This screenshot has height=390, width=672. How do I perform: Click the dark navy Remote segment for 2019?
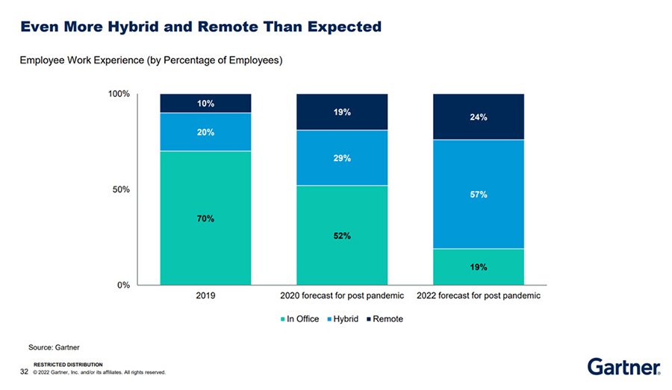click(x=205, y=103)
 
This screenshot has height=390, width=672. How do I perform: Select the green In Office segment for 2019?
click(x=205, y=218)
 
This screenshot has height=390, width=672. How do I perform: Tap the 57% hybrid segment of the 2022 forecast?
click(x=479, y=194)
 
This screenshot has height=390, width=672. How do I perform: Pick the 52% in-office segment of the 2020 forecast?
click(x=342, y=235)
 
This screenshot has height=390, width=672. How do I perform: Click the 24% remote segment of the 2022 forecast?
click(x=479, y=117)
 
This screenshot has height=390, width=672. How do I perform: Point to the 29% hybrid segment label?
click(x=342, y=158)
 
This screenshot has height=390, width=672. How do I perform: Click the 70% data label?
click(x=205, y=218)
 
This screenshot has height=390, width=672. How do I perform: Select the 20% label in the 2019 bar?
click(x=205, y=132)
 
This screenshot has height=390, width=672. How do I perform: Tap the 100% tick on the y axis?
click(x=119, y=94)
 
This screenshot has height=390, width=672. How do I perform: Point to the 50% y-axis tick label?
click(x=121, y=189)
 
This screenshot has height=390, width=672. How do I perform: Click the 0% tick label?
click(x=123, y=285)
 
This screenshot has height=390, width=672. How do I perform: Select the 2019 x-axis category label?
click(x=205, y=295)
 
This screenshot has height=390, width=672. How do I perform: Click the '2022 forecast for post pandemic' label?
click(x=479, y=295)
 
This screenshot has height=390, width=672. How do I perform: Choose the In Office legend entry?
click(x=299, y=319)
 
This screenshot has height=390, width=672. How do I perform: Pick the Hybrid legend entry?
click(x=343, y=319)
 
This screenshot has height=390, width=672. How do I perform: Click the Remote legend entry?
click(x=385, y=319)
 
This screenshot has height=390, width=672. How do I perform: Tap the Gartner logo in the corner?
click(x=623, y=367)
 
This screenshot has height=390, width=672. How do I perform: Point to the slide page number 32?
click(x=24, y=371)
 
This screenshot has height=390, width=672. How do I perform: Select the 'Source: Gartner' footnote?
click(x=54, y=347)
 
